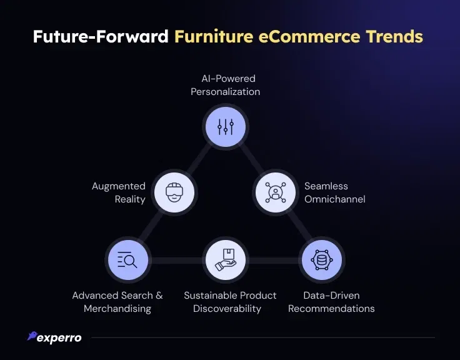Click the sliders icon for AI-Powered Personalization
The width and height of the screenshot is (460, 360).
click(x=225, y=127)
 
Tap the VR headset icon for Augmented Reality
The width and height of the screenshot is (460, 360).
click(x=174, y=192)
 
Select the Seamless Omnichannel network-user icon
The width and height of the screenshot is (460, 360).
click(x=276, y=192)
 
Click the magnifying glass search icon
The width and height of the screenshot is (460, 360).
click(x=127, y=259)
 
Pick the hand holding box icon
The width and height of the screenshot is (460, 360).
click(x=226, y=259)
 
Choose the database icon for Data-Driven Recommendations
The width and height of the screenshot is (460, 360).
click(x=321, y=259)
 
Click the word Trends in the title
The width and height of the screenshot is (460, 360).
click(x=394, y=37)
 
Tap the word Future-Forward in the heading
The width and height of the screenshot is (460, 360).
click(x=101, y=37)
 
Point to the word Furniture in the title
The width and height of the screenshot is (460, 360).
click(x=214, y=37)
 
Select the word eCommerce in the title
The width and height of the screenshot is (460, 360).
click(x=309, y=37)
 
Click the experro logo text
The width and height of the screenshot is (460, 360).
click(x=59, y=338)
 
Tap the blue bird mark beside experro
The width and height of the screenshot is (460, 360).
click(x=32, y=336)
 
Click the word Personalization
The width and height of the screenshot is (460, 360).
click(x=225, y=92)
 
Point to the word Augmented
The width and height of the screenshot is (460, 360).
click(x=119, y=187)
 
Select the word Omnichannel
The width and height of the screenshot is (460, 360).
click(x=335, y=199)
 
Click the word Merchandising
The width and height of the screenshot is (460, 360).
click(x=117, y=309)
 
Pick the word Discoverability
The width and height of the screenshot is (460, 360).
click(x=227, y=309)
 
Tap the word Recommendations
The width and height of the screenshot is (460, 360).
click(x=331, y=309)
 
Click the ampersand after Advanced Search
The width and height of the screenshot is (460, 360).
click(x=159, y=296)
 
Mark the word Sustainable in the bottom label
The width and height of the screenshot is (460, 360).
click(x=205, y=296)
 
